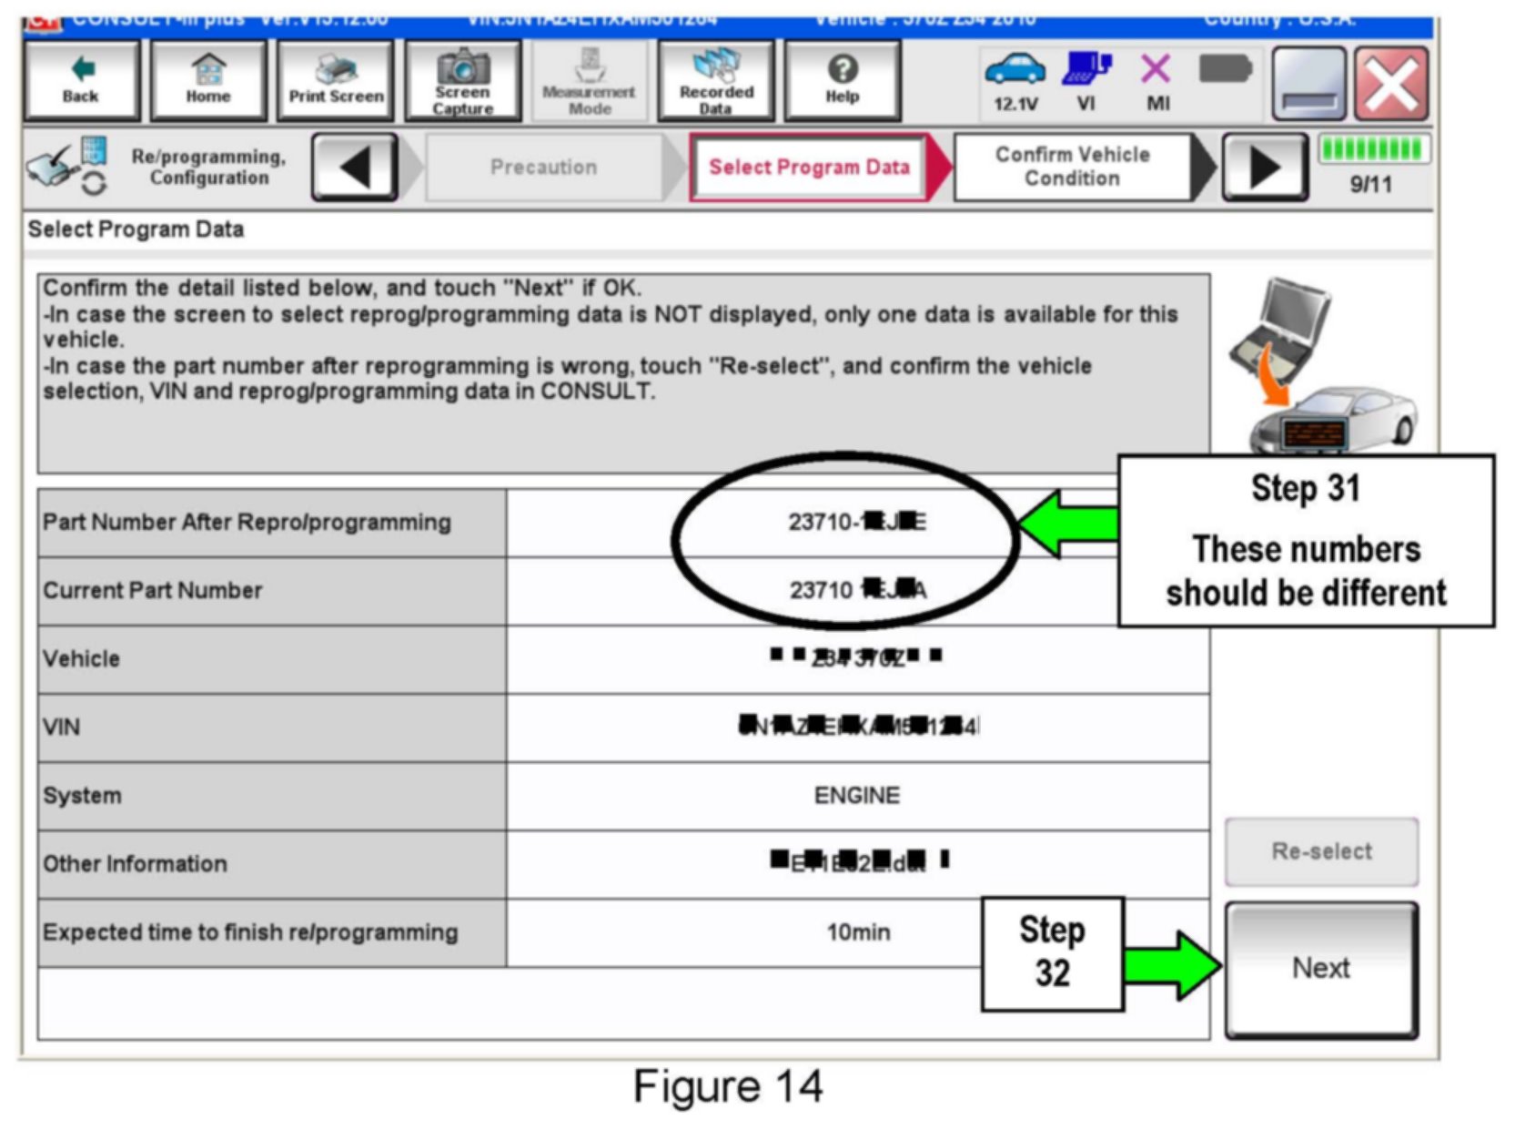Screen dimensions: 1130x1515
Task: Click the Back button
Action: tap(81, 81)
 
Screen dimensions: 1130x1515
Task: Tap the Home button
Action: tap(208, 81)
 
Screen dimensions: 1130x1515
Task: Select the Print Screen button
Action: tap(336, 81)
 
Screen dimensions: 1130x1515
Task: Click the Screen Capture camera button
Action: tap(463, 81)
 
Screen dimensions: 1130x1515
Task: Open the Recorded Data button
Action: tap(716, 81)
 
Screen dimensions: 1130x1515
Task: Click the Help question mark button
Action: tap(843, 81)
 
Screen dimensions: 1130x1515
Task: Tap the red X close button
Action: tap(1391, 85)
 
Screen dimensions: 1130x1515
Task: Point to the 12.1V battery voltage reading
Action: tap(1015, 104)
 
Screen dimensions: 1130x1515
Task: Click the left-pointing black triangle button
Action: tap(355, 168)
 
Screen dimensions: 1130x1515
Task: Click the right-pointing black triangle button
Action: tap(1265, 168)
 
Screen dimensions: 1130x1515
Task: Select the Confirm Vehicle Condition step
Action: tap(1072, 167)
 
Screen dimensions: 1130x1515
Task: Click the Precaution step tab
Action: tap(544, 168)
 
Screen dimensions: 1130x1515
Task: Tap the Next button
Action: tap(1321, 969)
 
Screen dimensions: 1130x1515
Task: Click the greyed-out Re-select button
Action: tap(1321, 851)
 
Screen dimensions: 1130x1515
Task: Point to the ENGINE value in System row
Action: tap(857, 796)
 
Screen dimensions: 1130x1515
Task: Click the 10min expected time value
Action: tap(858, 932)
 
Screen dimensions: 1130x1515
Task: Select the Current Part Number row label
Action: tap(153, 591)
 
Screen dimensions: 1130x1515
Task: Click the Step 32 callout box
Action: tap(1053, 953)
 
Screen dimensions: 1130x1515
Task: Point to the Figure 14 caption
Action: tap(728, 1086)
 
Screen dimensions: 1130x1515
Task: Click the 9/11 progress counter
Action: tap(1371, 185)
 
